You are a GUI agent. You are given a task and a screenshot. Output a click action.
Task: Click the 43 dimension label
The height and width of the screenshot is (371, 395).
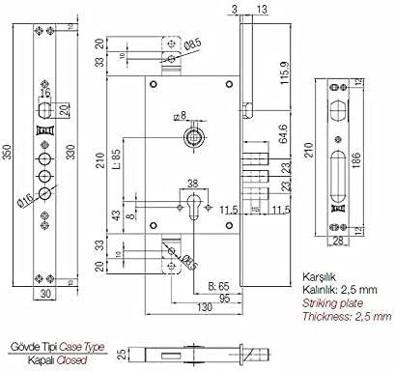[117, 214]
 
